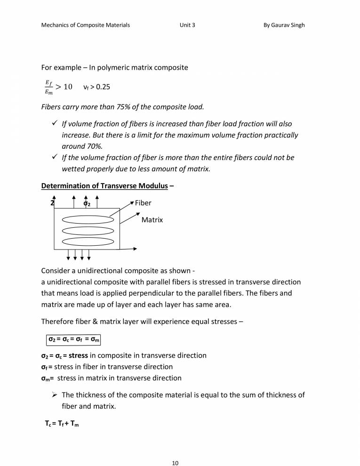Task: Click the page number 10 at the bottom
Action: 175,450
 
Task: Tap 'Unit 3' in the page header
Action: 187,25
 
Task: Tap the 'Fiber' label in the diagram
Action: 143,203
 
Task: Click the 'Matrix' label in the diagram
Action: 152,220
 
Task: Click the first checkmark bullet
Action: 55,124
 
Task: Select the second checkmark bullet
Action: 55,158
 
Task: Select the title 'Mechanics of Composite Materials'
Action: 86,25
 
